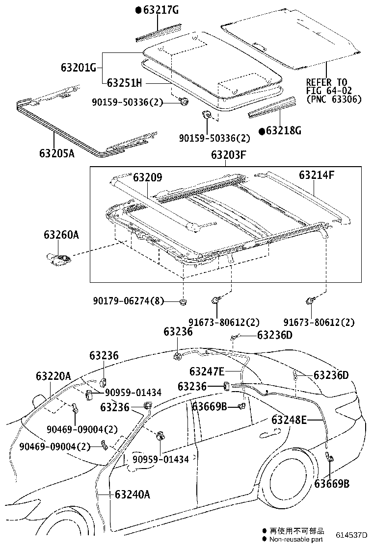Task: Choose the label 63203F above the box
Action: point(228,155)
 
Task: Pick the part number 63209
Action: point(147,176)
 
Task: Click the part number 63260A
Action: point(61,235)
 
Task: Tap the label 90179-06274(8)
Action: point(132,301)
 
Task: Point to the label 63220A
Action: point(53,376)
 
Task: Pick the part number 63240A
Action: point(133,494)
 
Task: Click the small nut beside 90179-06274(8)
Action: point(183,301)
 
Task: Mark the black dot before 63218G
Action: point(262,131)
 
